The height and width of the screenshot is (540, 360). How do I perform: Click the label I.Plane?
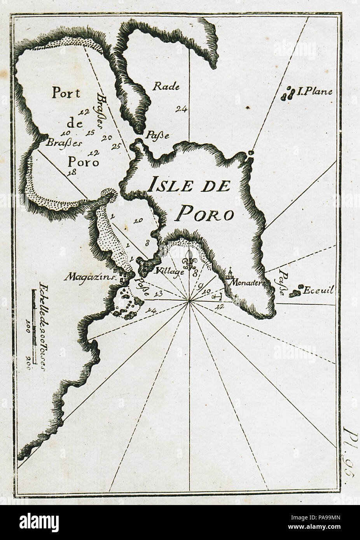click(x=315, y=92)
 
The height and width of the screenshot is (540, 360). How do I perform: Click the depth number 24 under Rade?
click(x=181, y=109)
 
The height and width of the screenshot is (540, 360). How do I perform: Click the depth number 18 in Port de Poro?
click(x=70, y=173)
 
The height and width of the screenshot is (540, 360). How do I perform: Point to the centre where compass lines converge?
click(x=189, y=300)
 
